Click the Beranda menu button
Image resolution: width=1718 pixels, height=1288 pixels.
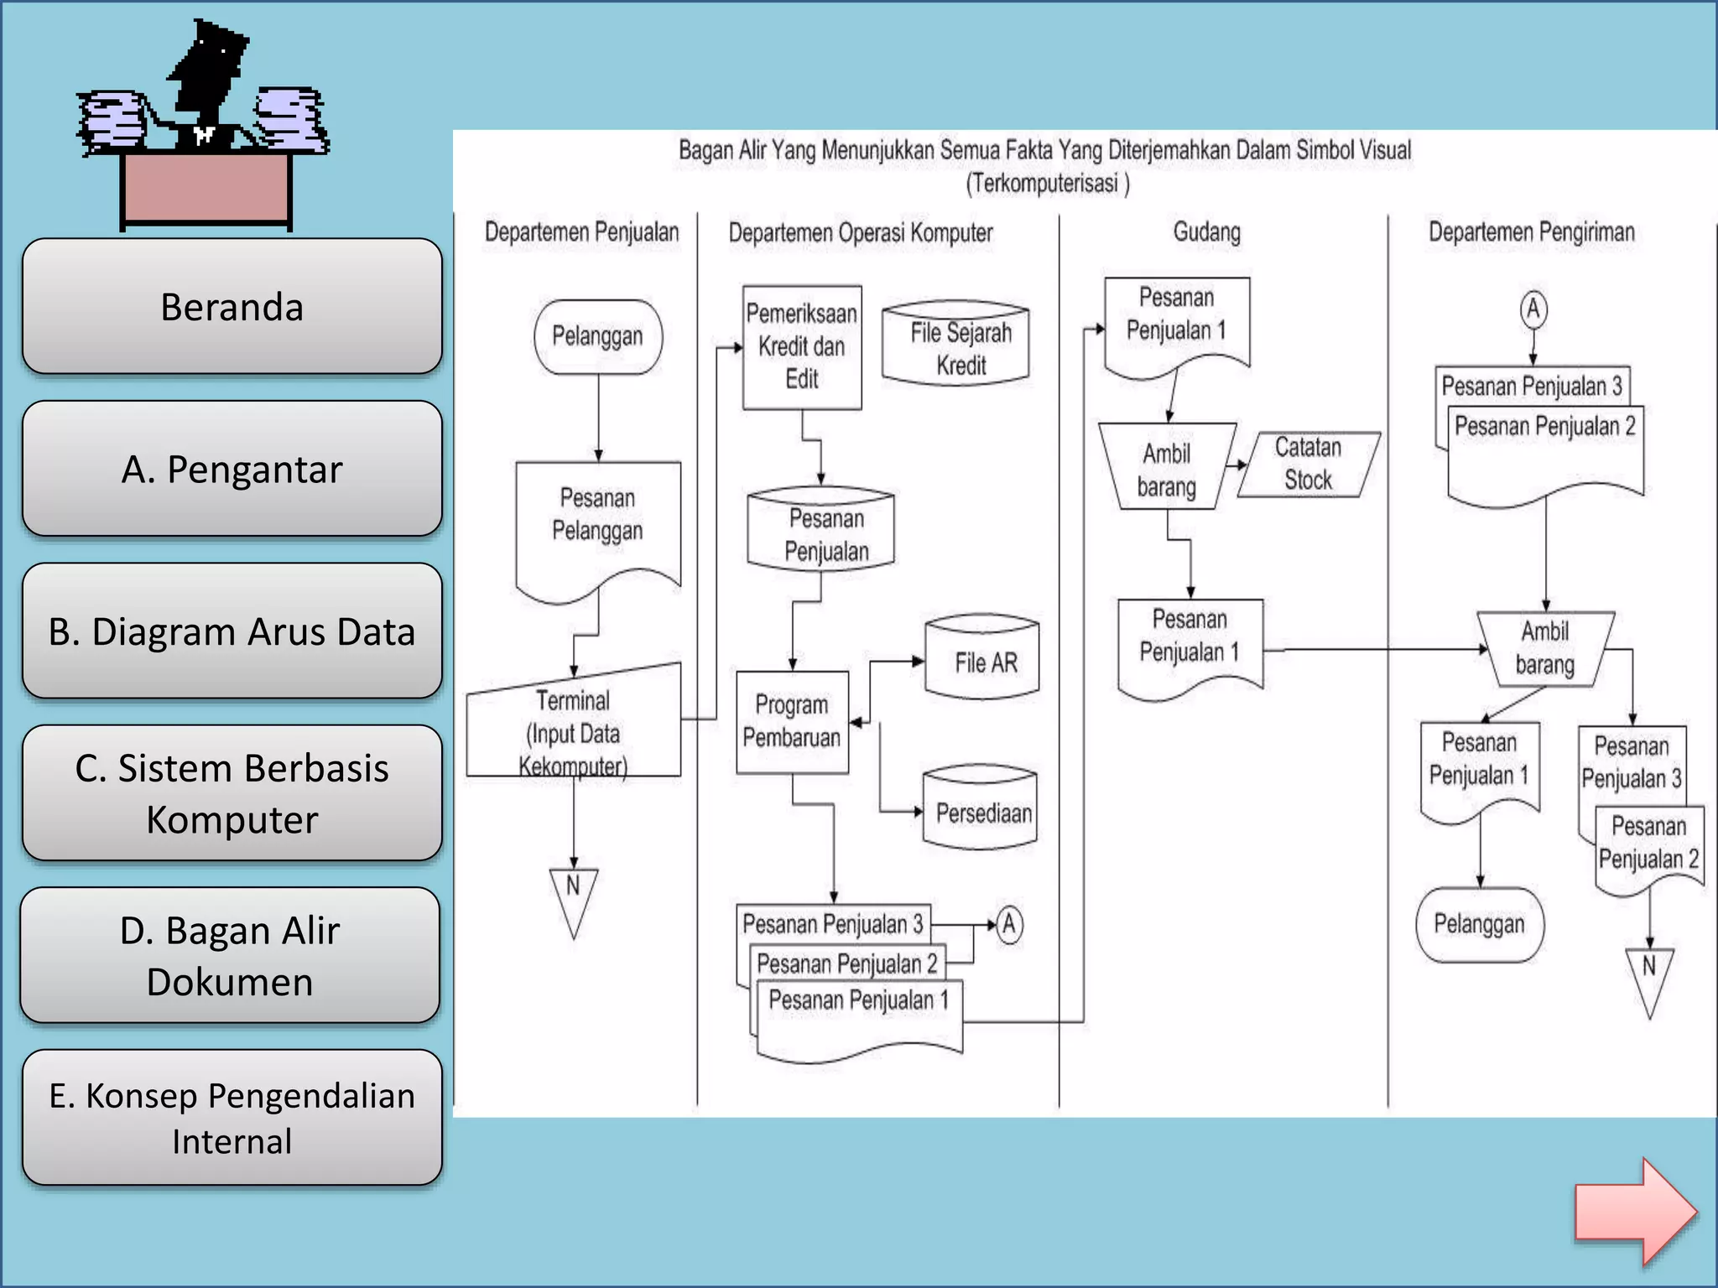pyautogui.click(x=232, y=307)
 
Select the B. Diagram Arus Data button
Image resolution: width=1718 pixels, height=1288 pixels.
pyautogui.click(x=232, y=631)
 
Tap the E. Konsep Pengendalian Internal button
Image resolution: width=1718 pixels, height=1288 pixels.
pyautogui.click(x=232, y=1118)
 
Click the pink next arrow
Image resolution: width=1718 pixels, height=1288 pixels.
pyautogui.click(x=1634, y=1211)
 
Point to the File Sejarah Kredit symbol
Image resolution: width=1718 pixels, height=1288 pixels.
pyautogui.click(x=955, y=345)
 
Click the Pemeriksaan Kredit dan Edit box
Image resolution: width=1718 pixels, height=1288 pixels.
pyautogui.click(x=802, y=346)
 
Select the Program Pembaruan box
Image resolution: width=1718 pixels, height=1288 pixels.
pyautogui.click(x=792, y=722)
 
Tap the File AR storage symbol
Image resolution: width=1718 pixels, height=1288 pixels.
pyautogui.click(x=982, y=660)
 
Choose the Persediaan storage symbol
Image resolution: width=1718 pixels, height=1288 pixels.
pyautogui.click(x=980, y=809)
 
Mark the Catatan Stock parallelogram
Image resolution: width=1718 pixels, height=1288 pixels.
pyautogui.click(x=1308, y=465)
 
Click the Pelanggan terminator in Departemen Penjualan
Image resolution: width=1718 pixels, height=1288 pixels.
pyautogui.click(x=597, y=337)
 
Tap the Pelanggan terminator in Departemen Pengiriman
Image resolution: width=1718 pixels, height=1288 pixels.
pyautogui.click(x=1479, y=924)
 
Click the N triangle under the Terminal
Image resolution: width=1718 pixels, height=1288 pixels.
pyautogui.click(x=574, y=896)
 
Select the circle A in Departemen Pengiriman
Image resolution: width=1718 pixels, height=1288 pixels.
pyautogui.click(x=1533, y=309)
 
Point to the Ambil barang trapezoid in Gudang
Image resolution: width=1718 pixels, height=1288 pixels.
pyautogui.click(x=1167, y=468)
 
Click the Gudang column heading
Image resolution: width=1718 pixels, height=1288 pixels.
pyautogui.click(x=1206, y=232)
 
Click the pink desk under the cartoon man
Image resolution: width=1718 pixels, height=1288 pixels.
pyautogui.click(x=206, y=189)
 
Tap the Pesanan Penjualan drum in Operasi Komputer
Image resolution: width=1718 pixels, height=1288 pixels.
pyautogui.click(x=822, y=532)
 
